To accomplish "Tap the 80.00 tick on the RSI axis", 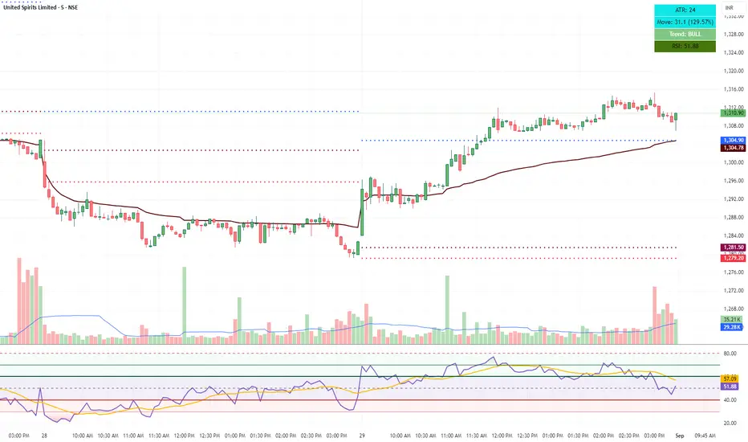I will tap(730, 354).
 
